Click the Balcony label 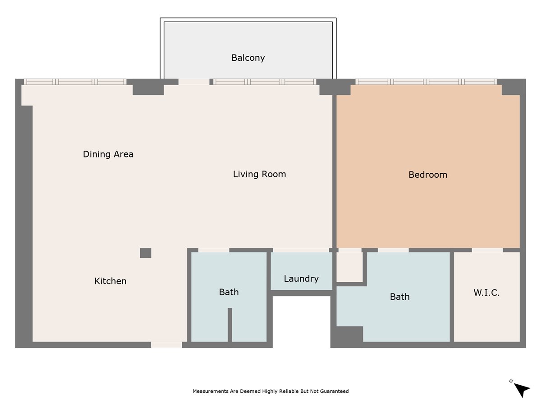[x=248, y=58]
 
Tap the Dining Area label [x=108, y=154]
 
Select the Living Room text [x=260, y=174]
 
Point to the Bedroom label [x=428, y=175]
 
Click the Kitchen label [x=110, y=281]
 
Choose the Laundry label [x=301, y=279]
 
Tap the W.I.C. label [x=486, y=292]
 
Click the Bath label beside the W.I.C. [x=400, y=297]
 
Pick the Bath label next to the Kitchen [x=229, y=292]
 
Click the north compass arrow [x=521, y=389]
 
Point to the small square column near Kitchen [x=146, y=253]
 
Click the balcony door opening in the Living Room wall [x=194, y=81]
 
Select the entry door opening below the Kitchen [x=166, y=345]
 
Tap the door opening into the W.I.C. [x=487, y=250]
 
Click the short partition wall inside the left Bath [x=230, y=325]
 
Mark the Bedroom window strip [x=426, y=81]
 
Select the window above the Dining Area [x=75, y=81]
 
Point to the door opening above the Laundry [x=301, y=250]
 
